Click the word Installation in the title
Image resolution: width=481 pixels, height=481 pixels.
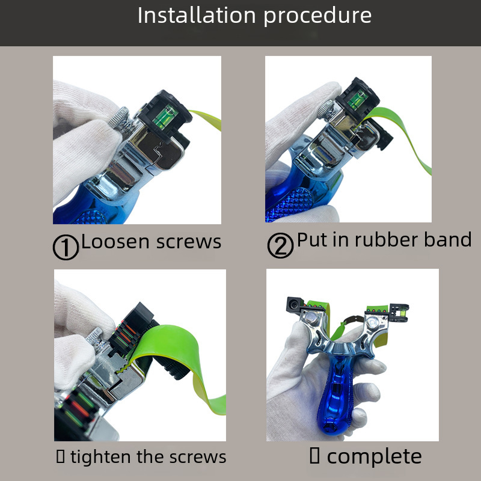197,16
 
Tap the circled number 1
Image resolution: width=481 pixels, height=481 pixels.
66,247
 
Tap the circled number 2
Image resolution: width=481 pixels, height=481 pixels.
280,245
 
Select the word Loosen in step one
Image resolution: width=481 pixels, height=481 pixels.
116,242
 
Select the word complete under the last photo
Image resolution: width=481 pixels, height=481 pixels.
374,457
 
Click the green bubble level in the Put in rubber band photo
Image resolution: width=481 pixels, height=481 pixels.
357,100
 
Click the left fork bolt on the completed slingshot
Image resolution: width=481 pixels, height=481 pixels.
312,319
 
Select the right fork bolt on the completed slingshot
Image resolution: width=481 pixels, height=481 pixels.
372,323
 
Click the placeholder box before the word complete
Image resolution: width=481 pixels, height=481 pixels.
314,456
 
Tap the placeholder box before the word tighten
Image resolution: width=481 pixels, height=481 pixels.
61,456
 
